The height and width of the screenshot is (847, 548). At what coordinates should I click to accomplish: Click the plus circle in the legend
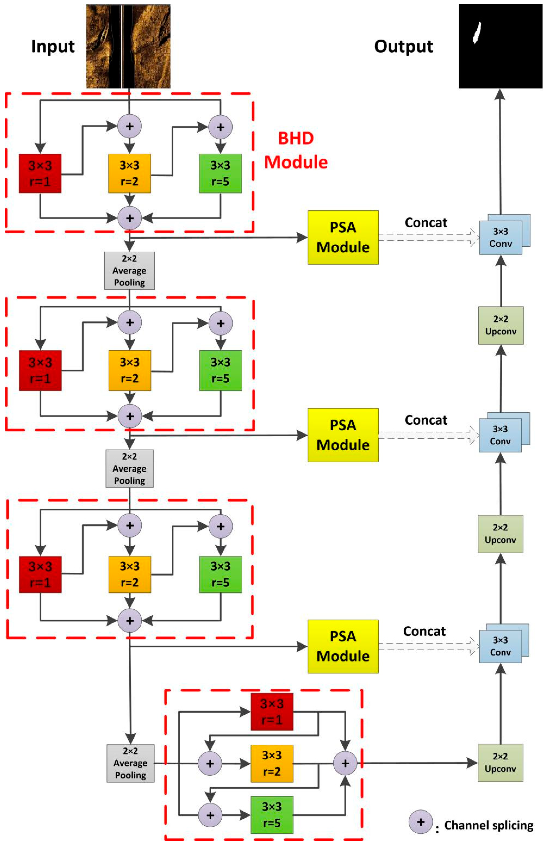click(x=420, y=822)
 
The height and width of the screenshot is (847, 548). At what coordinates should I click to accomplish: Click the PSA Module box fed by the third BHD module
click(x=343, y=646)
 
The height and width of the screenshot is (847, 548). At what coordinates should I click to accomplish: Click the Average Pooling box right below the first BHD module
click(x=129, y=271)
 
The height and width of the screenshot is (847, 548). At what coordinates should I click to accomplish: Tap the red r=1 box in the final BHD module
click(x=272, y=712)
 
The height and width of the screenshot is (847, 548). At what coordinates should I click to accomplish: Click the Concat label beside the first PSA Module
click(x=426, y=223)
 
